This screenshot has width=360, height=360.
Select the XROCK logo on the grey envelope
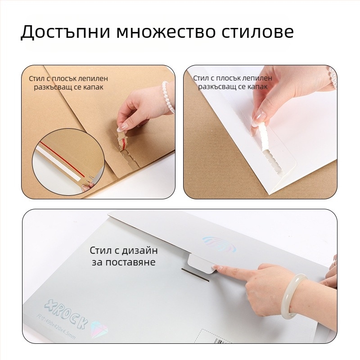[63, 310]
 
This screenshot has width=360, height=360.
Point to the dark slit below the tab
[196, 275]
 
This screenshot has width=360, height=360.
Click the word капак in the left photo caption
[94, 87]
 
